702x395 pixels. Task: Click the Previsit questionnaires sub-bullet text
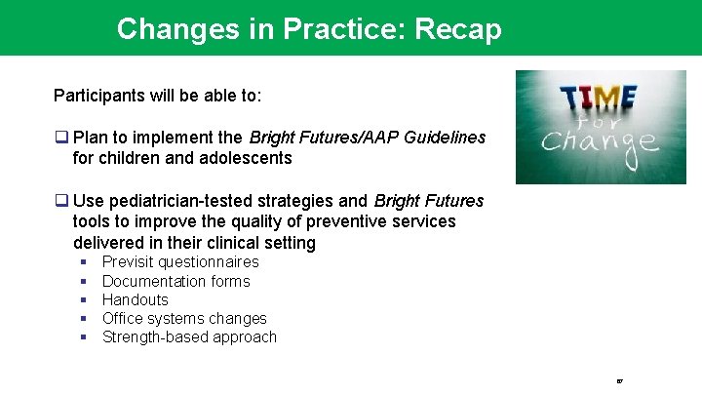click(180, 262)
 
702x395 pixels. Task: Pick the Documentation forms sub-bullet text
click(175, 281)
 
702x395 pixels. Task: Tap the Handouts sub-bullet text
click(135, 299)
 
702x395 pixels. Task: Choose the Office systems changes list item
click(184, 318)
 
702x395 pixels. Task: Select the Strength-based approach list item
click(189, 337)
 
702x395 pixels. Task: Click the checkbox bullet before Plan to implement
click(60, 138)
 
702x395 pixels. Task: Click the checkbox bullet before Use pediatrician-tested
click(60, 202)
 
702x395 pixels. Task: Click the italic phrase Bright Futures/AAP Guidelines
click(368, 138)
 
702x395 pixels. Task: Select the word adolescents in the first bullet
click(248, 157)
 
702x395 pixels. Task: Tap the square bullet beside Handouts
click(84, 299)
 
